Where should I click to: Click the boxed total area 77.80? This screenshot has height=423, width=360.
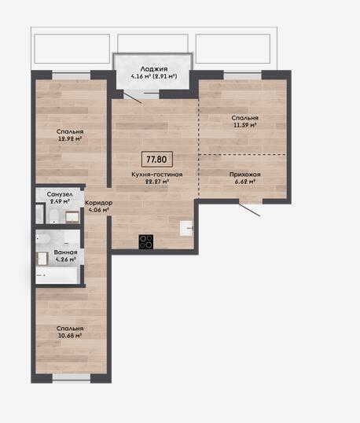157,159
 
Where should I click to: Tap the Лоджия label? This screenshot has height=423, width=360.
154,69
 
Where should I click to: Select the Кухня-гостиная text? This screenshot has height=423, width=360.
157,175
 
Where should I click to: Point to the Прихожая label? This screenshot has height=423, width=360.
245,175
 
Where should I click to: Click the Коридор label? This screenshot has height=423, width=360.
99,203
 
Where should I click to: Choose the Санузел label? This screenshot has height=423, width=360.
60,194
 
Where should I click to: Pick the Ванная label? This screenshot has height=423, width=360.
65,252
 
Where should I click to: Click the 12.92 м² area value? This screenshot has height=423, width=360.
70,139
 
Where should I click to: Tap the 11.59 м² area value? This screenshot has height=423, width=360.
244,125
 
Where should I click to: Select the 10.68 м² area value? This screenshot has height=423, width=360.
70,336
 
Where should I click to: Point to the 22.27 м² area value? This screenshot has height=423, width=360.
157,182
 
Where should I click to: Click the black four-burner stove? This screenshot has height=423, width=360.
146,241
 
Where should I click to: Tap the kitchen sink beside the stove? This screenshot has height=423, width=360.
186,228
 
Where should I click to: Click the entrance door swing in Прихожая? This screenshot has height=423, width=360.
249,210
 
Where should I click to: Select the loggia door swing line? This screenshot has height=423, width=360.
132,97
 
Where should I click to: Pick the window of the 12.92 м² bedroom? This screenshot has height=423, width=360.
72,75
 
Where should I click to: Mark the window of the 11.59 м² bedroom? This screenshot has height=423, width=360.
243,75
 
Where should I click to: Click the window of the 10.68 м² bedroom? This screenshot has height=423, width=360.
72,377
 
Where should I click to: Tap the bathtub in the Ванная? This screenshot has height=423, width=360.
57,275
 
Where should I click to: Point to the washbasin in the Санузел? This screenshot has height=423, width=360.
72,217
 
